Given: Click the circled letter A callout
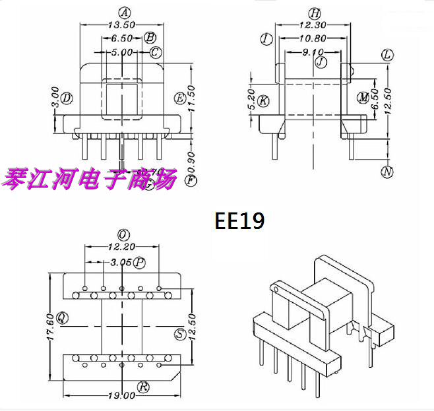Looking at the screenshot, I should (122, 12).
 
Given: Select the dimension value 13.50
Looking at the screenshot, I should (121, 25).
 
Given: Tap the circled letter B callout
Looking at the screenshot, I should (150, 38).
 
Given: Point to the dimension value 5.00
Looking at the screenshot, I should (121, 51).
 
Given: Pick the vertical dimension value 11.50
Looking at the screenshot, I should (193, 99).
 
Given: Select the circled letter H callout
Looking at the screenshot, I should (315, 13).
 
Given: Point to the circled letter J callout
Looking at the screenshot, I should (321, 63).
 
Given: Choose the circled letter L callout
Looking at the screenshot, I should (387, 55).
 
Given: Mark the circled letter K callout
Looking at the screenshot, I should (264, 101).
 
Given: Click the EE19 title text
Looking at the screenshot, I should (240, 220).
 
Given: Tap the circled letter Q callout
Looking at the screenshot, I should (63, 317).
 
